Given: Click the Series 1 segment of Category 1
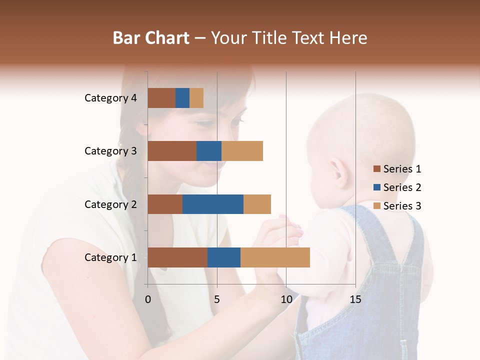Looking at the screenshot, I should click(177, 257).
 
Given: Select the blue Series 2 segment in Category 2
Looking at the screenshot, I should click(213, 204).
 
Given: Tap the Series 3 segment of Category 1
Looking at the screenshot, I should click(275, 257).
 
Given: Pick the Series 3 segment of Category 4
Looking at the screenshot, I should click(196, 98).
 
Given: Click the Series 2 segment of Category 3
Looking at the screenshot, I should click(209, 151).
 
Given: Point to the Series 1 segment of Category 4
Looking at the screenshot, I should click(161, 98).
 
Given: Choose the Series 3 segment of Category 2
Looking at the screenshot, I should click(257, 204).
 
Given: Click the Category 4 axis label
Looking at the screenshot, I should click(110, 98).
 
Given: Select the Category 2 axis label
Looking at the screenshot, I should click(110, 204).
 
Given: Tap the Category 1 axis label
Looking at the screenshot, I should click(110, 257).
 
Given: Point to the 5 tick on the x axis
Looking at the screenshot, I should click(217, 299).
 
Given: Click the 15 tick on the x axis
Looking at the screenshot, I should click(355, 299).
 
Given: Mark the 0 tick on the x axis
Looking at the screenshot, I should click(148, 299).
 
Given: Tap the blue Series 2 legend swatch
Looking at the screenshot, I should click(377, 187).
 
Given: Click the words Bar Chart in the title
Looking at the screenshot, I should click(151, 38).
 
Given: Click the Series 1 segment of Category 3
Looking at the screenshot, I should click(172, 151).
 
